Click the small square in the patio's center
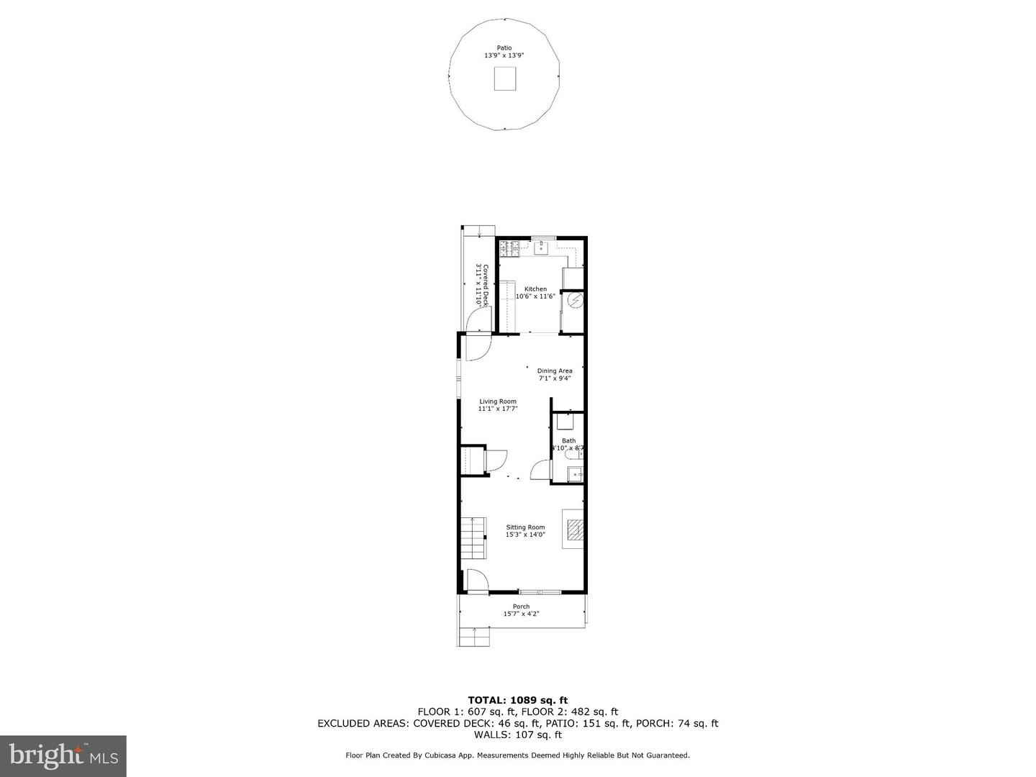(504, 78)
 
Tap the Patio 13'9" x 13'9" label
(504, 52)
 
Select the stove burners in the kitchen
(509, 248)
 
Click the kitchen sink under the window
(541, 248)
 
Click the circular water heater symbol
(574, 301)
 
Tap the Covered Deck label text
(482, 286)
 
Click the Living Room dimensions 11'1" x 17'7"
(498, 409)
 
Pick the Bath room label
(568, 441)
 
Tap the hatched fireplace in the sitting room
(574, 531)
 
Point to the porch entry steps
(474, 637)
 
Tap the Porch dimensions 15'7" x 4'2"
(521, 614)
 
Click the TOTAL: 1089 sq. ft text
(517, 700)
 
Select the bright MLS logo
(63, 755)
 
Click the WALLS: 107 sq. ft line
(517, 735)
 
